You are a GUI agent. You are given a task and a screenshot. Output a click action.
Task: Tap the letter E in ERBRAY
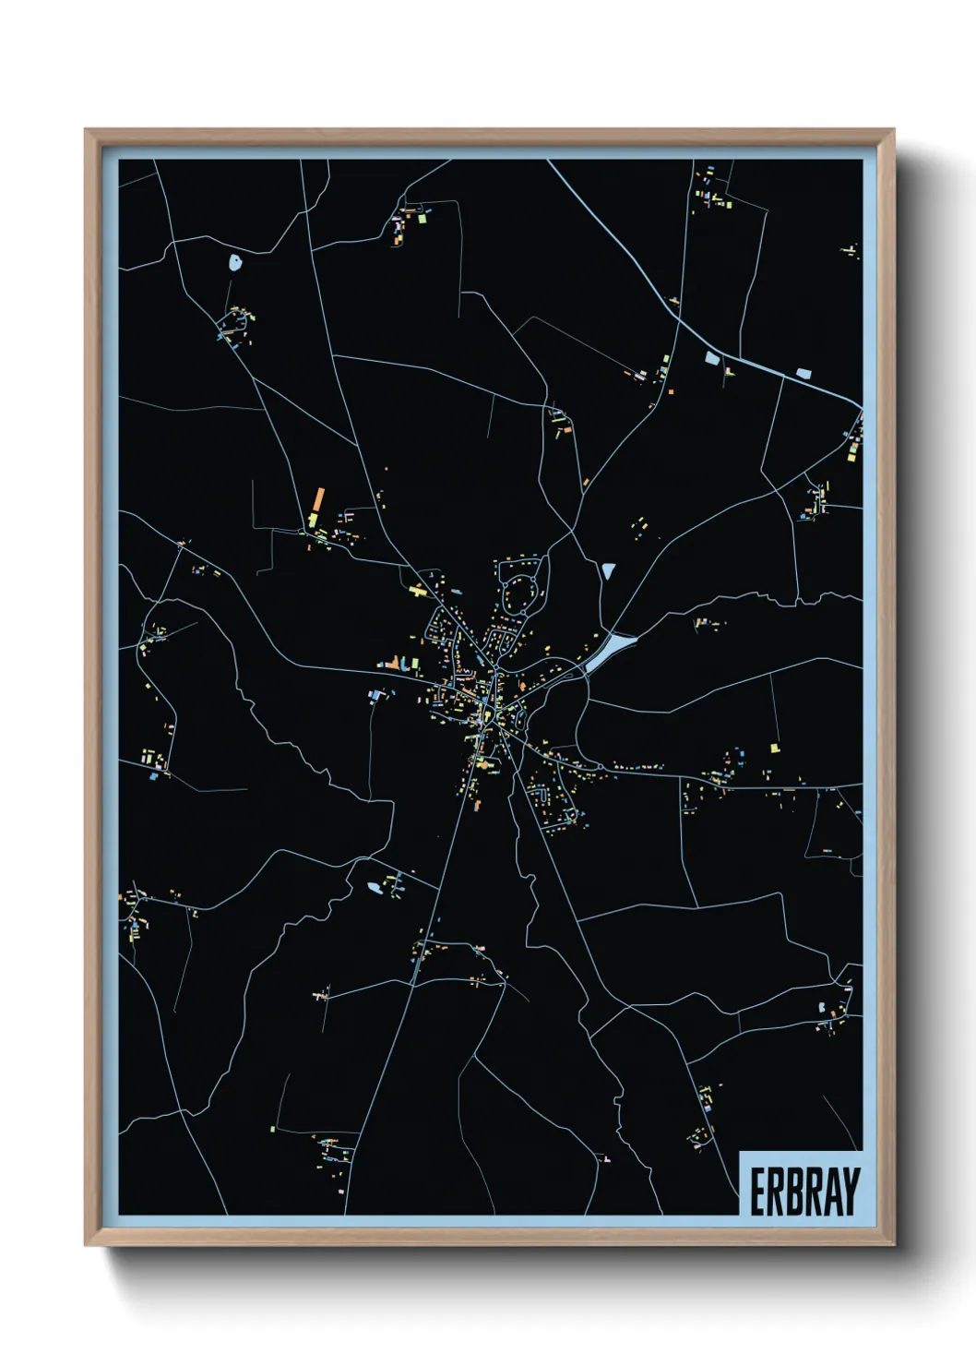point(757,1192)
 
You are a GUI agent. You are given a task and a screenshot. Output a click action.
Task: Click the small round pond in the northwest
point(235,262)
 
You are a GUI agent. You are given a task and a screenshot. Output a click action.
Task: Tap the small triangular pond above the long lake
point(607,571)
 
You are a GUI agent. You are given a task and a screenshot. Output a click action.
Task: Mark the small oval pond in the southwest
point(374,888)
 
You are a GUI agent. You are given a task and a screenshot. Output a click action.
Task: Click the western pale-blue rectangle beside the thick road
point(711,358)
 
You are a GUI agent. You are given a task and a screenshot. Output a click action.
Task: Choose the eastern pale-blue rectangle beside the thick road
point(803,374)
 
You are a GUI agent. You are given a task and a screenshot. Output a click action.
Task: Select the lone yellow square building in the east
point(774,747)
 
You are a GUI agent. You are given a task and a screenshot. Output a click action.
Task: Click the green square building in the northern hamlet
point(423,220)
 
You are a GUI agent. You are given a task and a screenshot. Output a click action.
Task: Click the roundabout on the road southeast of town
point(601,766)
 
